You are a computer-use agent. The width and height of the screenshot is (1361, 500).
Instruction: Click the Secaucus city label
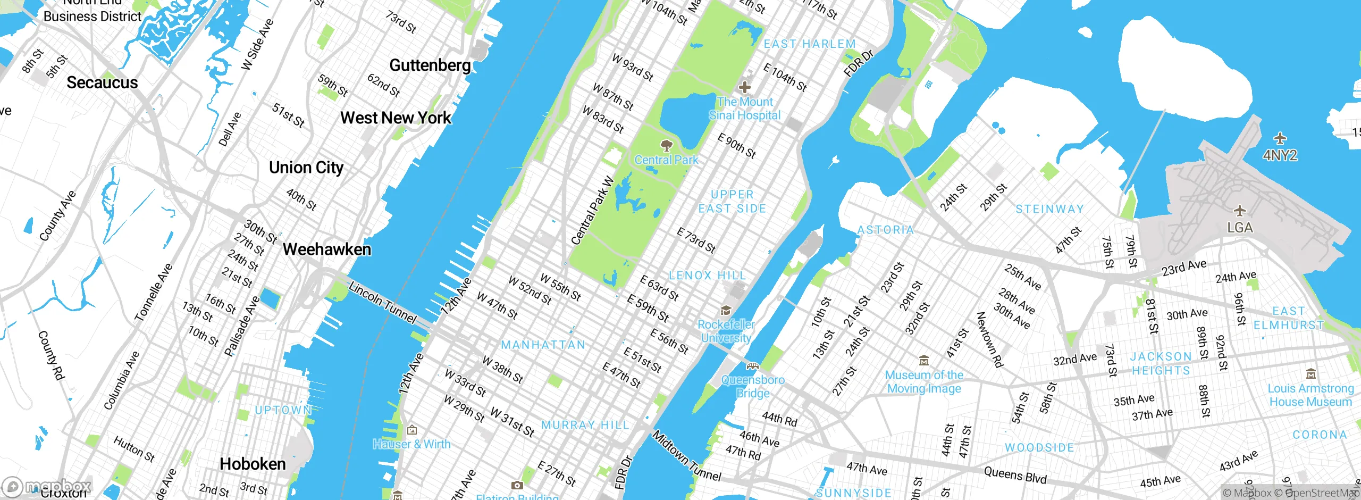pos(102,83)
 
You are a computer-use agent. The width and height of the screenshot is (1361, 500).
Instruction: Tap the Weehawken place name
pos(326,249)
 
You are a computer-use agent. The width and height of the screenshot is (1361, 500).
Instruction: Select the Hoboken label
pos(253,464)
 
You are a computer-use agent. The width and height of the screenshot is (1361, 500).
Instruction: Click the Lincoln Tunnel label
pos(382,303)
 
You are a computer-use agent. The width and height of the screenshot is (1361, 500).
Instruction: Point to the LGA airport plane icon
pos(1240,211)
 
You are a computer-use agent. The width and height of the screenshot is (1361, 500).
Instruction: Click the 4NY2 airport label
pos(1280,155)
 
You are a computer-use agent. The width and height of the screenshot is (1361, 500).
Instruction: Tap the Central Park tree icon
pos(666,145)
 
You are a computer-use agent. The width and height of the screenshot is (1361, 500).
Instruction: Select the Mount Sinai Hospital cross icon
pos(745,87)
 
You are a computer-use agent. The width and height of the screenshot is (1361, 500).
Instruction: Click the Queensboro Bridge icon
pos(752,366)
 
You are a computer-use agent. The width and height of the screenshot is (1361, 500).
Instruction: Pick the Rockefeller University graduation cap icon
pos(726,310)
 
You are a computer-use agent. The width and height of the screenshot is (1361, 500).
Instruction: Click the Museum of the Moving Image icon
pos(924,361)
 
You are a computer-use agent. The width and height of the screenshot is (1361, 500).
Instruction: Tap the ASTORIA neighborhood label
pos(886,230)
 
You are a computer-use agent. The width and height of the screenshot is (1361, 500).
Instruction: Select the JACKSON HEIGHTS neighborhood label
pos(1161,363)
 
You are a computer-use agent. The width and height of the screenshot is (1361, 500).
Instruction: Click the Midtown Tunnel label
pos(687,456)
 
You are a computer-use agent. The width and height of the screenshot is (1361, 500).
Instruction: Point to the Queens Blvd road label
pos(1015,474)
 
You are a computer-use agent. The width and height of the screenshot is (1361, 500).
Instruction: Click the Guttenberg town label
pos(430,65)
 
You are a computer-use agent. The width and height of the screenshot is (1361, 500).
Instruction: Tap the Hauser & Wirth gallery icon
pos(411,430)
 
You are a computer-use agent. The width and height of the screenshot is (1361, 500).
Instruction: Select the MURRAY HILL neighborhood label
pos(585,425)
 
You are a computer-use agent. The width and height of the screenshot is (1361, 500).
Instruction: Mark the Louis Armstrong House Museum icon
pos(1311,373)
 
